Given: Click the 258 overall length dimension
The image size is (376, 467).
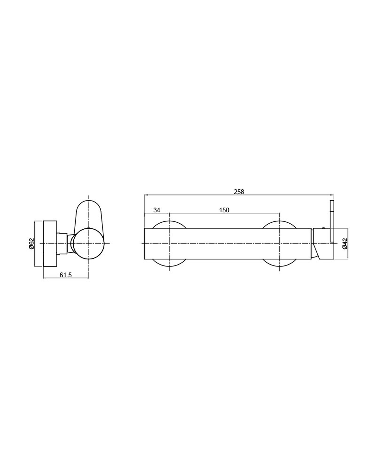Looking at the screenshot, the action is point(239,192).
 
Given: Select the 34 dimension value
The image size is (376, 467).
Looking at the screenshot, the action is point(157,210).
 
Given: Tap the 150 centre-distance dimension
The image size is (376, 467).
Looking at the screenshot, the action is point(224,210).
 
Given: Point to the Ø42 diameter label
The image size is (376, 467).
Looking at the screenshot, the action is point(345,243).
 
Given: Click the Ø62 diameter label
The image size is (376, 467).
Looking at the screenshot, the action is point(32,244).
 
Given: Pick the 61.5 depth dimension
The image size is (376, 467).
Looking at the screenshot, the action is point(65,275).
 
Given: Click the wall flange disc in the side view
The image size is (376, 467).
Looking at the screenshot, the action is point(50,244).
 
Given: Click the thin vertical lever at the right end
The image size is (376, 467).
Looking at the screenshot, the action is point(332,221).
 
